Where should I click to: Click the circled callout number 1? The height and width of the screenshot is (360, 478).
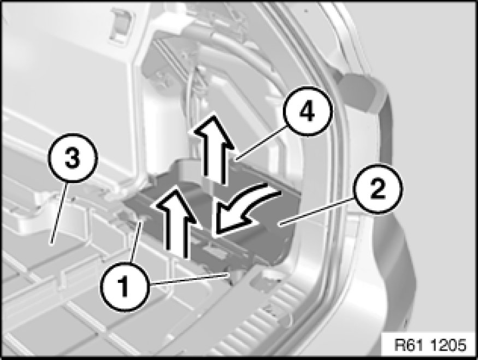point(125,286)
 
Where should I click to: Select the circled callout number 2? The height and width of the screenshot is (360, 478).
point(377,189)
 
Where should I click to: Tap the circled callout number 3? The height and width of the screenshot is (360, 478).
point(73,157)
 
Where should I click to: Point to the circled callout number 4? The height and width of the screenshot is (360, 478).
point(307,111)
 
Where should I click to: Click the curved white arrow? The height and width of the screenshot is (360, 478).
point(244,210)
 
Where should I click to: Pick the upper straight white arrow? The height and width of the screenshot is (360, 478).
point(213,149)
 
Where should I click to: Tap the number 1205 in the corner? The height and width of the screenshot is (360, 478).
point(450,345)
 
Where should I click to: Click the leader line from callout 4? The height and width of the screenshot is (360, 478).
point(261,144)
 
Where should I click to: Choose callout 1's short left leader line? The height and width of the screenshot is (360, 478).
point(136,241)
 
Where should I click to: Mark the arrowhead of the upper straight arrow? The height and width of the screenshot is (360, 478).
point(213,132)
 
